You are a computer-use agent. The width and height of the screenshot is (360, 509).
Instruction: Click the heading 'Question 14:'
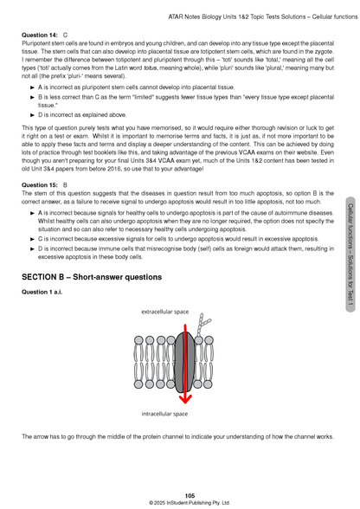point(39,34)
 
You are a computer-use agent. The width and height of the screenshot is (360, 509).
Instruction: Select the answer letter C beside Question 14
point(66,34)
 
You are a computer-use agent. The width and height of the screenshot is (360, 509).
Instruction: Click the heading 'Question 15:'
point(39,184)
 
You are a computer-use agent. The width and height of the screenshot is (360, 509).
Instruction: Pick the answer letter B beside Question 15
point(66,184)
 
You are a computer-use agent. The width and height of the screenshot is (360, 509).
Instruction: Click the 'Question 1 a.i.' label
point(44,293)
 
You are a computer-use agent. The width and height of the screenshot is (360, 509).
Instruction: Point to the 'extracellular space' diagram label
point(165,309)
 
